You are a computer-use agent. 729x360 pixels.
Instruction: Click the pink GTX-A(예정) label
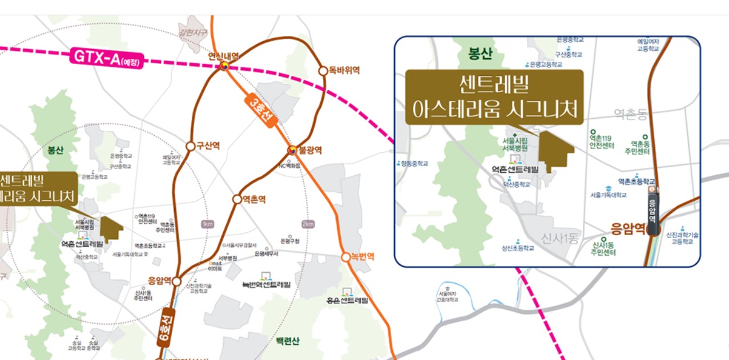tap(107, 58)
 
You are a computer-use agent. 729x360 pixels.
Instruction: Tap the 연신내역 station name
tap(223, 56)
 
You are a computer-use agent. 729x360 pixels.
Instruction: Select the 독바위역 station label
tap(344, 70)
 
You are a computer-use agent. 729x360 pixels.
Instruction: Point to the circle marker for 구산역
tap(191, 145)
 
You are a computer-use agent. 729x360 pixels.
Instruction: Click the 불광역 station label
tap(311, 151)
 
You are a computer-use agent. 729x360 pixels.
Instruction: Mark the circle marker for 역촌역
tap(237, 199)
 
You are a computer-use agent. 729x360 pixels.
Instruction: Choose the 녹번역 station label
tap(362, 257)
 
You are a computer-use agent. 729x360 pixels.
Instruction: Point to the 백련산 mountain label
tap(288, 341)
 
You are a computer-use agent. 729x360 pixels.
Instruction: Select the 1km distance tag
tap(207, 224)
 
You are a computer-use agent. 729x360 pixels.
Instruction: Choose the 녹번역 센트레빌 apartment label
tap(267, 284)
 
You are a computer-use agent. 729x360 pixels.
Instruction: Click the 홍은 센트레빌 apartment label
tap(347, 300)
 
